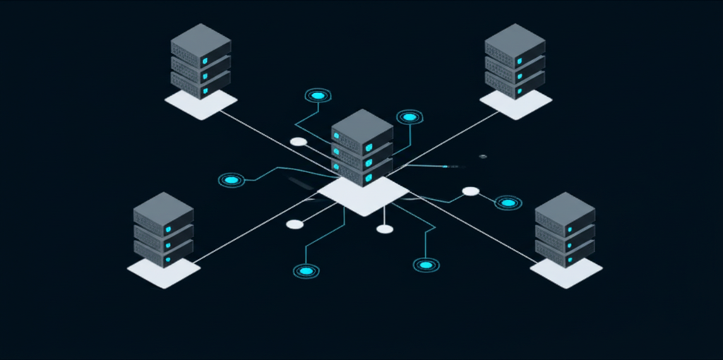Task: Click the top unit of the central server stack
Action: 362,131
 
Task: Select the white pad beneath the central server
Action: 363,196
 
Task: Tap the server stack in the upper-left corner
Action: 201,60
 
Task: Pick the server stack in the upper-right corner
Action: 515,60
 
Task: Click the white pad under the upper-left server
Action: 201,104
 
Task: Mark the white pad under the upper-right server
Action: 515,104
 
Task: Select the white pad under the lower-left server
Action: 163,272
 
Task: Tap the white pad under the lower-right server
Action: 566,272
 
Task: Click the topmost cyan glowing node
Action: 318,95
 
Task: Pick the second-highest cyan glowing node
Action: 410,116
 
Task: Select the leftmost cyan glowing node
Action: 231,180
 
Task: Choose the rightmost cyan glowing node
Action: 508,203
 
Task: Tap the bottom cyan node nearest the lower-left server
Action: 306,270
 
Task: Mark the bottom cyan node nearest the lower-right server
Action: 426,265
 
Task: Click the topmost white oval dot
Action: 299,142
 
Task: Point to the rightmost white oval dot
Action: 471,191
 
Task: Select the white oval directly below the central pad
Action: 385,229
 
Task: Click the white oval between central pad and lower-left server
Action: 294,224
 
